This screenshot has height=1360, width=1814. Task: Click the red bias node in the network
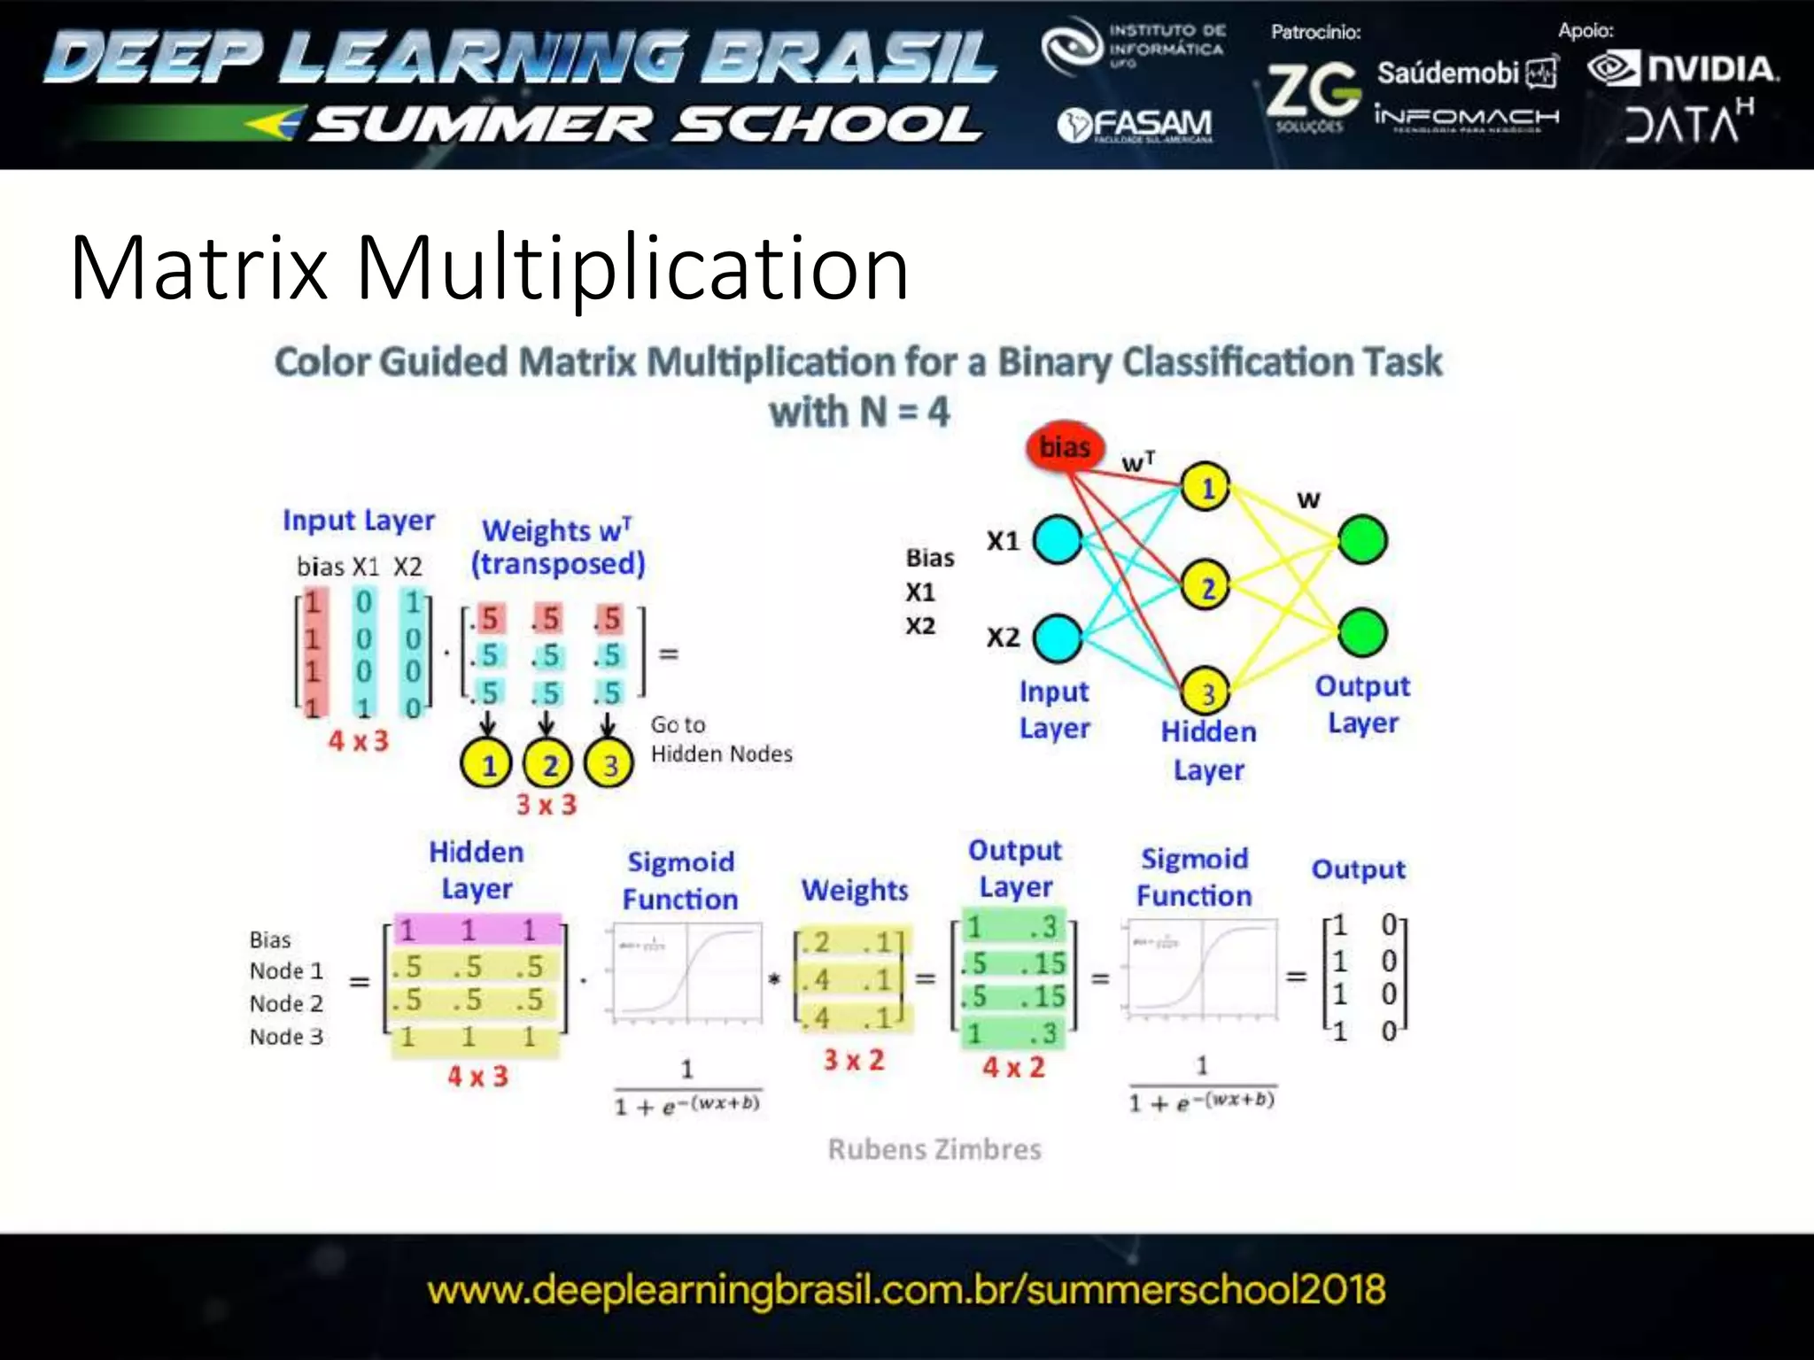[1065, 447]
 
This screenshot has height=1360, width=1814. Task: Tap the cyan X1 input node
[1058, 539]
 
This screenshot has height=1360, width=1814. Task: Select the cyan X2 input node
[1058, 637]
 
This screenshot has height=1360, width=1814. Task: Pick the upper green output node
[1362, 539]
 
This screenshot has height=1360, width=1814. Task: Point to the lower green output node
[1362, 632]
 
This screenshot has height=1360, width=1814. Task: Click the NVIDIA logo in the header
[1683, 69]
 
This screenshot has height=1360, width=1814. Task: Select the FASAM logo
[1136, 126]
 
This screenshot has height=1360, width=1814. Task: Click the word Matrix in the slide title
[199, 267]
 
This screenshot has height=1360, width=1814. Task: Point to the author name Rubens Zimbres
[934, 1149]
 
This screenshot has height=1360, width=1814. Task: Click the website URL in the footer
[906, 1289]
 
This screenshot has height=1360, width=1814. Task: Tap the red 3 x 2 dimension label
[854, 1060]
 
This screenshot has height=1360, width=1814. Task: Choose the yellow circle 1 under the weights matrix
[487, 764]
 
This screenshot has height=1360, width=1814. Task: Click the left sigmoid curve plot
[686, 972]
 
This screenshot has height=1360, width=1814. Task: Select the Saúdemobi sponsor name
[1448, 73]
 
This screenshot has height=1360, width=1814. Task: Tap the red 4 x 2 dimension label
[1013, 1067]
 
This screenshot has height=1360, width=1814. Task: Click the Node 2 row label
[286, 1003]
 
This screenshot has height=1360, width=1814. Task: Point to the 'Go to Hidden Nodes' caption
[720, 739]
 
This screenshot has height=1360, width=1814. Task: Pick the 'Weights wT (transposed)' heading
[557, 547]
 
